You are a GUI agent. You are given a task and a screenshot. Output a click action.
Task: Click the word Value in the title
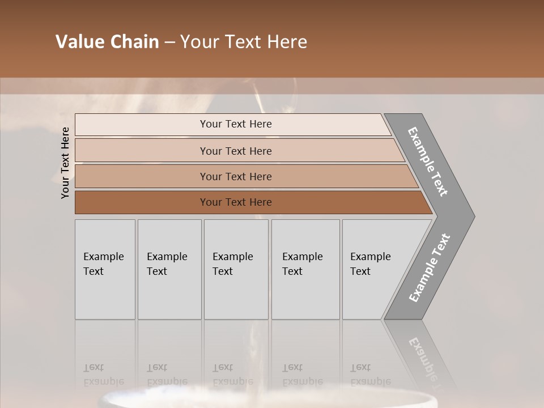coord(79,42)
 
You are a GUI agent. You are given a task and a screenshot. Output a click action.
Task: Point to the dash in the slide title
coord(169,42)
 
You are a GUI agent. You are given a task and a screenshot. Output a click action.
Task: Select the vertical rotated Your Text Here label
coord(65,163)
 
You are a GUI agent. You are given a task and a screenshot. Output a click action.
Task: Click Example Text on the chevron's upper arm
coord(428,161)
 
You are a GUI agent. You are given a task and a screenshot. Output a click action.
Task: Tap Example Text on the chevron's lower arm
coord(429,267)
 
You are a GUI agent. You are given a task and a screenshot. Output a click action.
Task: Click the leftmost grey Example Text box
coord(105,269)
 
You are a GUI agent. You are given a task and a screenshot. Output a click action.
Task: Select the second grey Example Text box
coord(169,269)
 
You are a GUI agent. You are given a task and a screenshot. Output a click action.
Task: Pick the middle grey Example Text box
coord(236,269)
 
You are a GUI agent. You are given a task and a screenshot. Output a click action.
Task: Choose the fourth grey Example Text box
coord(305,269)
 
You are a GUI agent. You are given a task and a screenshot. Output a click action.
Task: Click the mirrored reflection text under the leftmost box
coord(103,375)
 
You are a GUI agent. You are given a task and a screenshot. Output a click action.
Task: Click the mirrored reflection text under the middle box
coord(232,375)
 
